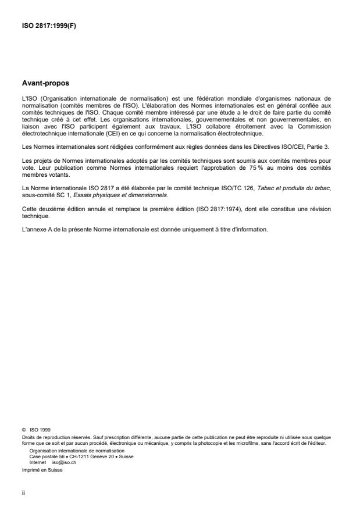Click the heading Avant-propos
tap(46, 83)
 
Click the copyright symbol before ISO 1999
tap(23, 430)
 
